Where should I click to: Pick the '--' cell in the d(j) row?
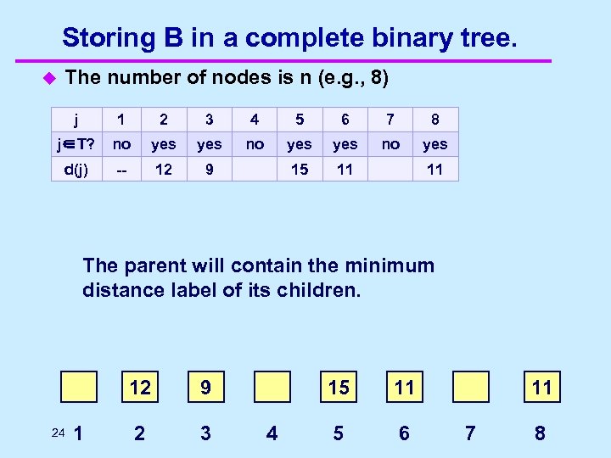point(122,169)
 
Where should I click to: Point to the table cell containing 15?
point(300,169)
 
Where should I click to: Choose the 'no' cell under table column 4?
point(254,144)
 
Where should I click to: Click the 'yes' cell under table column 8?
point(435,144)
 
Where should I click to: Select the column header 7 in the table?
point(390,120)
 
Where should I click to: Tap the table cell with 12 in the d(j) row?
point(163,169)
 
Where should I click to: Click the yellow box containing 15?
point(339,388)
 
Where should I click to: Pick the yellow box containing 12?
point(139,388)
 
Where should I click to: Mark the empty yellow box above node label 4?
point(271,388)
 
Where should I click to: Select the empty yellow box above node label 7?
point(471,388)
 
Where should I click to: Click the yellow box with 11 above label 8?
point(541,388)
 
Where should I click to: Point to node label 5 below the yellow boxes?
point(339,433)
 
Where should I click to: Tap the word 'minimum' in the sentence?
point(391,265)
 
